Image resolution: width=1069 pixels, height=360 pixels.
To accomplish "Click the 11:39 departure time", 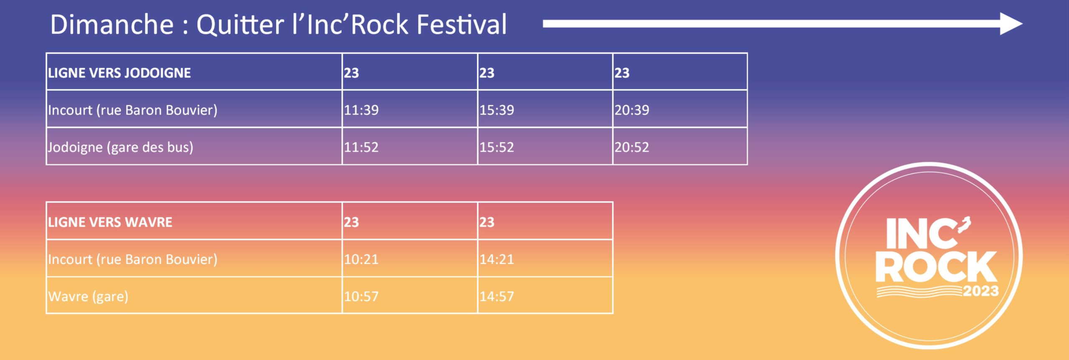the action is [x=361, y=110].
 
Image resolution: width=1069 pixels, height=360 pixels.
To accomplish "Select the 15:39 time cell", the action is [x=497, y=110].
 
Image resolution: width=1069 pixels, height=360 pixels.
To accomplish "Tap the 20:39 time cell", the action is [x=632, y=110].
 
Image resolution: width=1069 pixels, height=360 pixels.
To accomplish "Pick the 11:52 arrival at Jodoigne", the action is [x=361, y=147].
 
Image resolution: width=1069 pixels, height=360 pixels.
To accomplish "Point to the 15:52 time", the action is [x=497, y=147].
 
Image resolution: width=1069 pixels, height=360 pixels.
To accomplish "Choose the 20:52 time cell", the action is [x=632, y=147].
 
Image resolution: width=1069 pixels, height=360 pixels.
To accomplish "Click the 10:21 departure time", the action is [x=361, y=259].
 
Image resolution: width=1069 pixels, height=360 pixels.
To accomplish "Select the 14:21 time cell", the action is [x=497, y=259].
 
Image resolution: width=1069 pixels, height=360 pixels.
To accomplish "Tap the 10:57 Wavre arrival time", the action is [x=361, y=296].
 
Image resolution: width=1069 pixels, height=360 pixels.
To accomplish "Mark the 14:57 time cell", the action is [x=497, y=296].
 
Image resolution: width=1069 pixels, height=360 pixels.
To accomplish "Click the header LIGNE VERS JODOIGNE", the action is [x=119, y=73].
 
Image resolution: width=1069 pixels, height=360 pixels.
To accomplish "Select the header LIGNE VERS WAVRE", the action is [x=110, y=222].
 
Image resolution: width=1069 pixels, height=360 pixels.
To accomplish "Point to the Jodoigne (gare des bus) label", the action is [x=120, y=147].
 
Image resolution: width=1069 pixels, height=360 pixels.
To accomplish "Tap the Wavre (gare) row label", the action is [x=88, y=297].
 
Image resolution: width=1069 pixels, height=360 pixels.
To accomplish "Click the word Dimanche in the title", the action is [x=112, y=24].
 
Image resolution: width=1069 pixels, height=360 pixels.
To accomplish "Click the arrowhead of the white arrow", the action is [x=1011, y=24].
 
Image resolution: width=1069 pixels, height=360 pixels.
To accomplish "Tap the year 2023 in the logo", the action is [x=981, y=291].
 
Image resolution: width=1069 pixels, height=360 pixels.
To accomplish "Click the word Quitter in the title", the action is [x=240, y=24].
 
